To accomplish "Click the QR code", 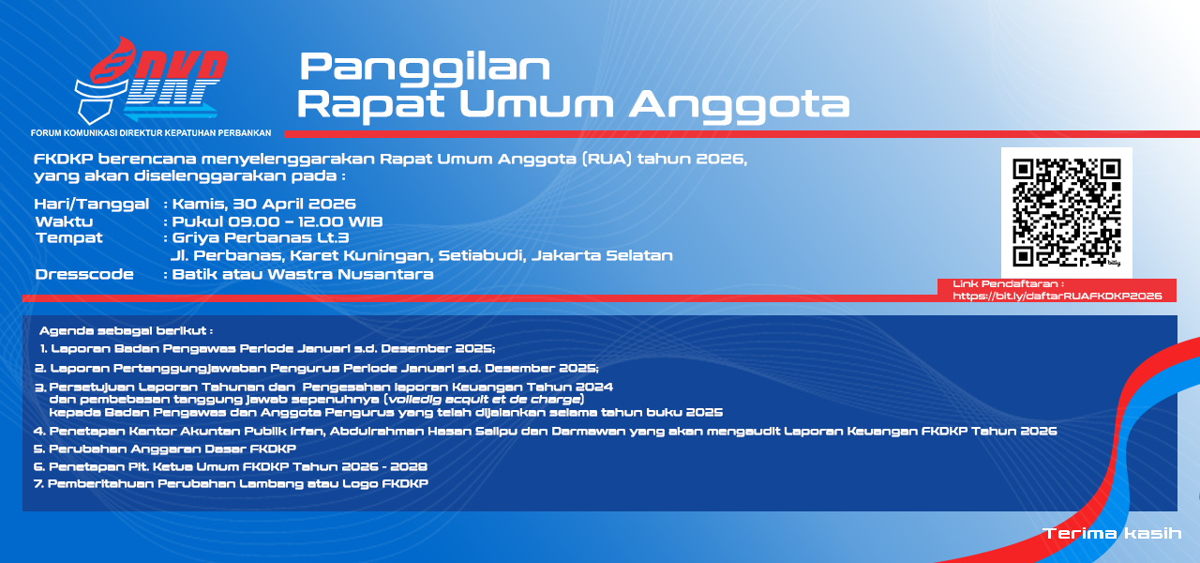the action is (x=1067, y=213).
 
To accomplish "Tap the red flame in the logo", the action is (x=112, y=60).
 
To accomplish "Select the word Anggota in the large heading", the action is (x=740, y=105).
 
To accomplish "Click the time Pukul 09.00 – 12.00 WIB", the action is (x=277, y=221).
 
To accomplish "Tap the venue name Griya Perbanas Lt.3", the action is (x=261, y=238).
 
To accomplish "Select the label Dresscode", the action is (x=84, y=274).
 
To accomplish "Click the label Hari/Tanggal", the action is (x=92, y=205).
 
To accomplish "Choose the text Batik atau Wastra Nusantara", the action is (x=303, y=274).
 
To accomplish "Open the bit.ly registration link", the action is (x=1057, y=296).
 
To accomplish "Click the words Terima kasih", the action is (x=1112, y=533).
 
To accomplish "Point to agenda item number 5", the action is (x=164, y=449).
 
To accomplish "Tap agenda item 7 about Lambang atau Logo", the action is (x=231, y=483).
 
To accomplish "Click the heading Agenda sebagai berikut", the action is (x=126, y=331).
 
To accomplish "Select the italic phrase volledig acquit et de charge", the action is (x=484, y=400).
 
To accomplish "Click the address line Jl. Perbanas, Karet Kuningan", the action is (x=422, y=256).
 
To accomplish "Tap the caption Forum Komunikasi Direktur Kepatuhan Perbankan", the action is (x=151, y=133).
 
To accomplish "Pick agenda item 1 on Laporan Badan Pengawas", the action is (x=267, y=348).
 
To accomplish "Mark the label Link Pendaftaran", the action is (x=1008, y=283).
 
